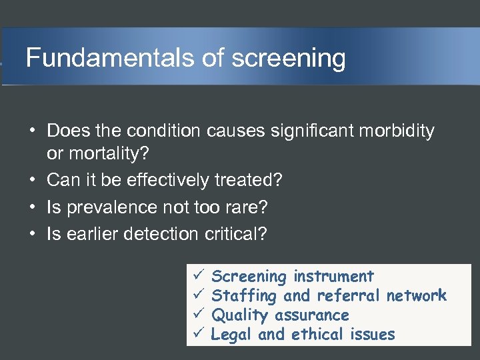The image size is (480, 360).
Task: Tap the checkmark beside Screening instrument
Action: pyautogui.click(x=197, y=276)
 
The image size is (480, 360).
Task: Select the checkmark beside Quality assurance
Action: pyautogui.click(x=197, y=315)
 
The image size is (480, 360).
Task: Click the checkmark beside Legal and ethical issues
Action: pyautogui.click(x=197, y=334)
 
